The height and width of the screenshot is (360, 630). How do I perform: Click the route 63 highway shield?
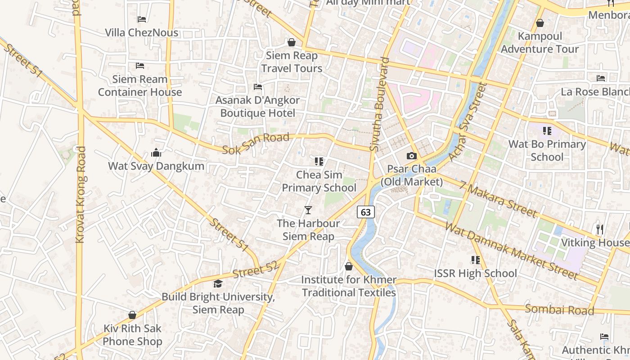tap(366, 212)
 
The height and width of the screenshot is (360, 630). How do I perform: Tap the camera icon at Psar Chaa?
tap(411, 156)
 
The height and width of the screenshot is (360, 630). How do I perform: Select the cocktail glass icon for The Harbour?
tap(308, 210)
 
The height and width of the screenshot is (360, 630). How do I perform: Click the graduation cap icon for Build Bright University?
tap(218, 283)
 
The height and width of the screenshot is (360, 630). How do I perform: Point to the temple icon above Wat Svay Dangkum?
tap(156, 153)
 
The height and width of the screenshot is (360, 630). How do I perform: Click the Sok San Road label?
tap(256, 143)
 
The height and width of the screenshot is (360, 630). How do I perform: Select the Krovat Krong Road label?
tap(81, 194)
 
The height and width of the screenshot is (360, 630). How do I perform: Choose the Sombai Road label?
tap(559, 310)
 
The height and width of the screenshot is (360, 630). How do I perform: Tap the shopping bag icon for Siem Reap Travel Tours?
tap(292, 42)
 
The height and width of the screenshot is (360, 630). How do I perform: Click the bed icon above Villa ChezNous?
tap(142, 19)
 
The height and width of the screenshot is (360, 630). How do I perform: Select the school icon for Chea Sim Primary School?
tap(319, 161)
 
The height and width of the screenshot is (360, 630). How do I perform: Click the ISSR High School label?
tap(475, 273)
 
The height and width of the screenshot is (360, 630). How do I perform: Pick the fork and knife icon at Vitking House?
tap(599, 229)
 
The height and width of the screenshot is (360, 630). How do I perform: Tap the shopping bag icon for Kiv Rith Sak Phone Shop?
tap(132, 315)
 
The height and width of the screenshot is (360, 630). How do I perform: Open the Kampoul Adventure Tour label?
tap(540, 42)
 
